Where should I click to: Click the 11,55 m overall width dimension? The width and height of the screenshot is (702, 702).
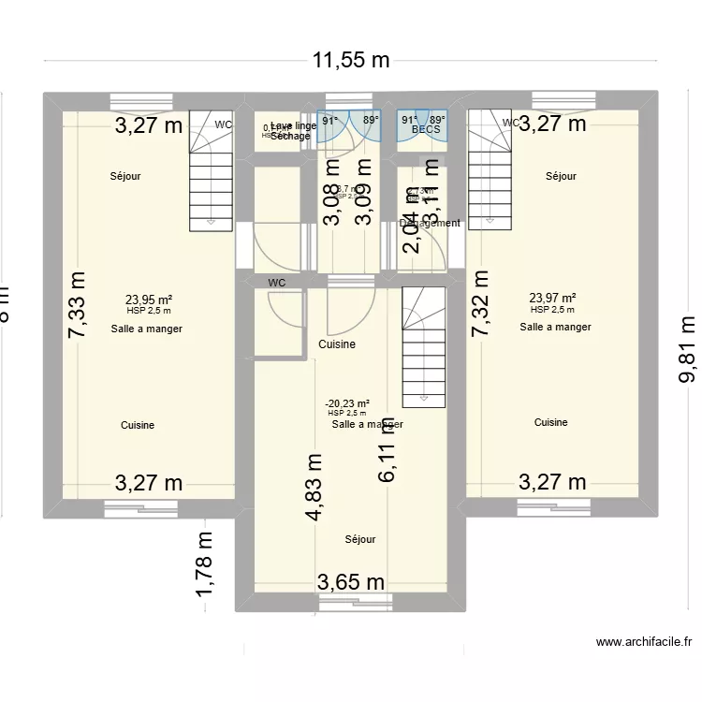[351, 61]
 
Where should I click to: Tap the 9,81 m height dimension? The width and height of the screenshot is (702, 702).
[687, 348]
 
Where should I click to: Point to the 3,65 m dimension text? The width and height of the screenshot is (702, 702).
[351, 581]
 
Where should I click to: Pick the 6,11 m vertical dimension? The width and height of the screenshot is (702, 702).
[388, 449]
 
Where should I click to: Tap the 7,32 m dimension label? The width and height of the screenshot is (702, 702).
[480, 304]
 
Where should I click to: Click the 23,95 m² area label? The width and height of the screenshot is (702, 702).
[149, 300]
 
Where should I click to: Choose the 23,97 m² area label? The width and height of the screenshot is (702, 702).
[552, 299]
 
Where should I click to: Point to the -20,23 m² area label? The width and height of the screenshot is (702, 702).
[346, 403]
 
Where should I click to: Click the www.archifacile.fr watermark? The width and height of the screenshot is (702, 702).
[644, 642]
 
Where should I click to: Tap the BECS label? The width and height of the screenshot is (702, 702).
[426, 130]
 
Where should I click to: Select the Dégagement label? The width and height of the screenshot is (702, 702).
[430, 223]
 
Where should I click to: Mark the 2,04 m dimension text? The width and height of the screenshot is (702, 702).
[412, 231]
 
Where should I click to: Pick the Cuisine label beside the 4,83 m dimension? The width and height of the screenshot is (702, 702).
[337, 344]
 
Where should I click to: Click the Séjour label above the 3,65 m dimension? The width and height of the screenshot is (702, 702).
[360, 539]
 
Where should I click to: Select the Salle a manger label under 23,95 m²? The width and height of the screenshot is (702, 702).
[146, 329]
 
